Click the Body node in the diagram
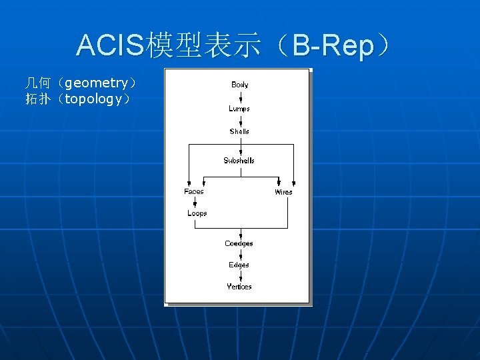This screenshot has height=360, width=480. pyautogui.click(x=240, y=85)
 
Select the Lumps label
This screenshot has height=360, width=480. pyautogui.click(x=239, y=109)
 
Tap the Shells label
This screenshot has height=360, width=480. pyautogui.click(x=239, y=131)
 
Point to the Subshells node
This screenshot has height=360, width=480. pyautogui.click(x=239, y=161)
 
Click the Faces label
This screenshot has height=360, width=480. pyautogui.click(x=194, y=191)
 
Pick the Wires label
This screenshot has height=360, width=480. pyautogui.click(x=283, y=192)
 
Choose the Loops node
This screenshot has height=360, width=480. pyautogui.click(x=197, y=213)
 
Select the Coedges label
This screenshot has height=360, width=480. pyautogui.click(x=239, y=244)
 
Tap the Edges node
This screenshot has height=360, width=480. pyautogui.click(x=239, y=265)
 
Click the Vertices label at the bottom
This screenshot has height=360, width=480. pyautogui.click(x=239, y=287)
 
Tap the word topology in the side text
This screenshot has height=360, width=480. pyautogui.click(x=93, y=99)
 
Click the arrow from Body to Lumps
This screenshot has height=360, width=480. pyautogui.click(x=240, y=97)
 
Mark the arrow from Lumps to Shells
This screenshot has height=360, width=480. pyautogui.click(x=240, y=120)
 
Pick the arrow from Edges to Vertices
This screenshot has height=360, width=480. pyautogui.click(x=239, y=275)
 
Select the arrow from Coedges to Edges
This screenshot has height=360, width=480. pyautogui.click(x=239, y=254)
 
